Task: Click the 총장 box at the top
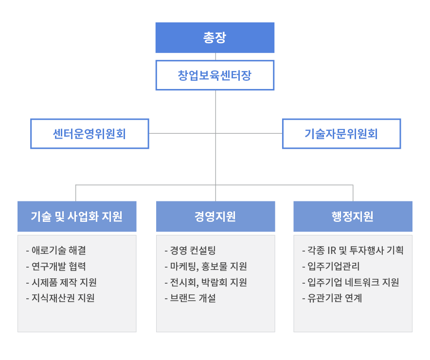pos(215,37)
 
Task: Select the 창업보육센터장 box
pos(215,75)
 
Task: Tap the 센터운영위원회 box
pos(90,133)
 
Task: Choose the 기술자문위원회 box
pos(341,133)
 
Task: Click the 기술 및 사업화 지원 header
pos(77,216)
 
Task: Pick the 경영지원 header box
pos(215,216)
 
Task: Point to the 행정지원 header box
pos(353,216)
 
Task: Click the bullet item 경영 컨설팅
pos(193,251)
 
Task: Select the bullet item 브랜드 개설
pos(193,298)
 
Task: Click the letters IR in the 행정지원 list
pos(332,251)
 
